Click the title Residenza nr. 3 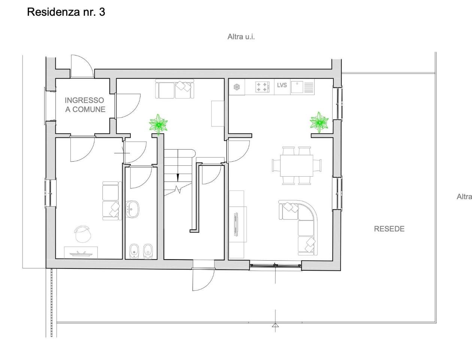[66, 12]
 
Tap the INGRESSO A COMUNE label [85, 105]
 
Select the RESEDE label [389, 229]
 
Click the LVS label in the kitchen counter [282, 85]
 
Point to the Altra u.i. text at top [241, 37]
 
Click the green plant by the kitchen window [319, 122]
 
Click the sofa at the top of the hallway [175, 89]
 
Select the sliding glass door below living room [275, 266]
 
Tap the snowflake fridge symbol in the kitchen [236, 87]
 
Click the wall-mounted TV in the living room [236, 224]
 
